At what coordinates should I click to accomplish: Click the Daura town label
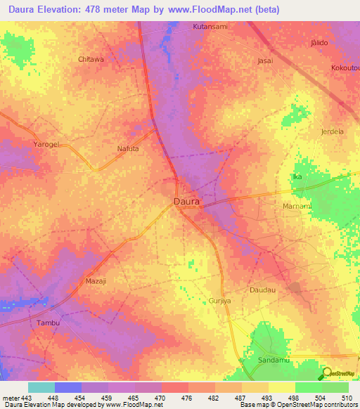186,201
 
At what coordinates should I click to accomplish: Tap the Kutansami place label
209,27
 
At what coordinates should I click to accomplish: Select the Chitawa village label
91,60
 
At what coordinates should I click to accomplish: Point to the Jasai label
265,61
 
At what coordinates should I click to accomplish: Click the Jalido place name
319,43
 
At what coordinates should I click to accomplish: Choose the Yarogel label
47,144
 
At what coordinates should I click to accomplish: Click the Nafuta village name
128,149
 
